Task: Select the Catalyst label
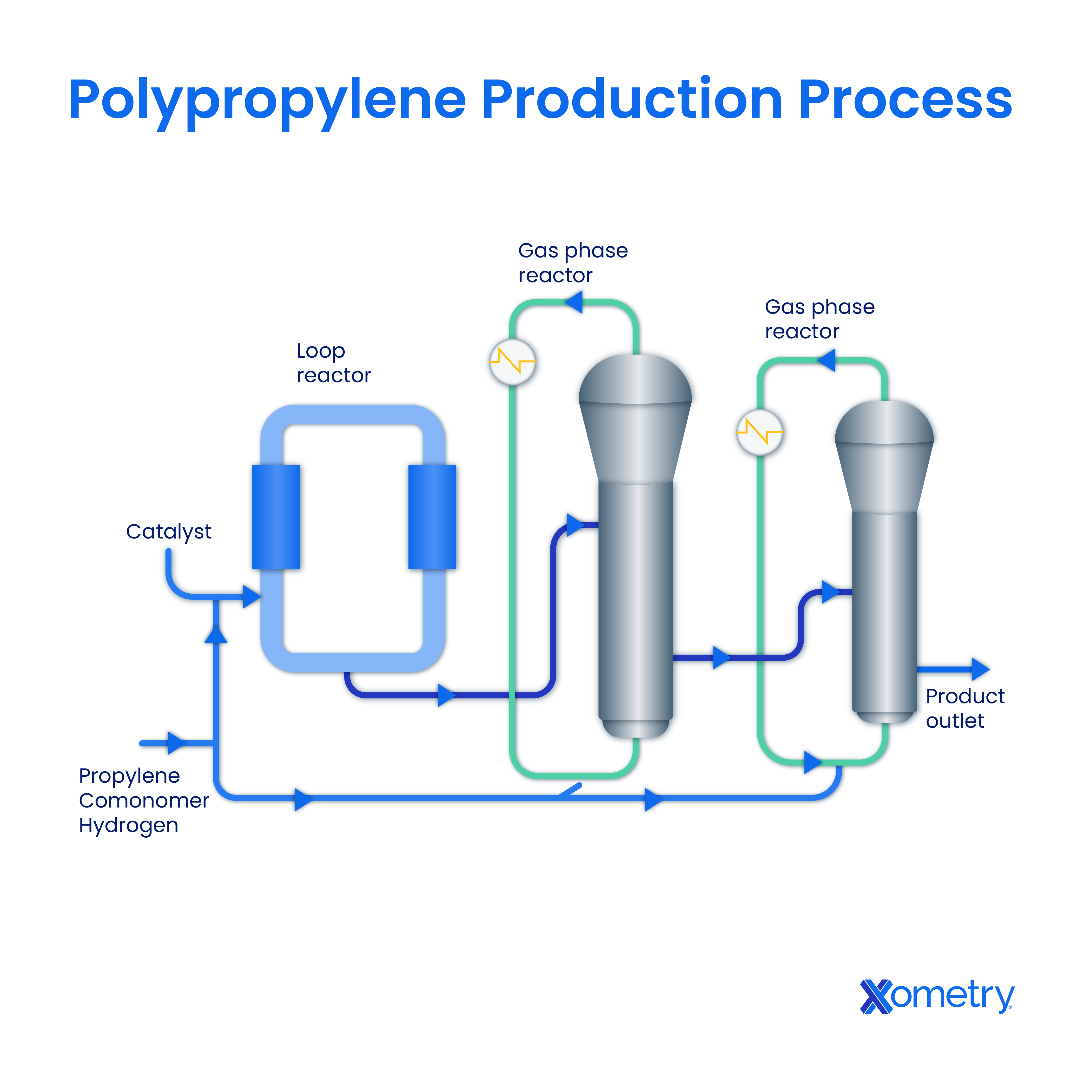[168, 531]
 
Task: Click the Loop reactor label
[333, 363]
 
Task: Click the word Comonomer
[144, 801]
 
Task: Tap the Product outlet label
[965, 708]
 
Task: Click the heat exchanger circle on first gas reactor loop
[512, 362]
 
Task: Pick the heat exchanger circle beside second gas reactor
[759, 432]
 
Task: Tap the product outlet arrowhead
[980, 669]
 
